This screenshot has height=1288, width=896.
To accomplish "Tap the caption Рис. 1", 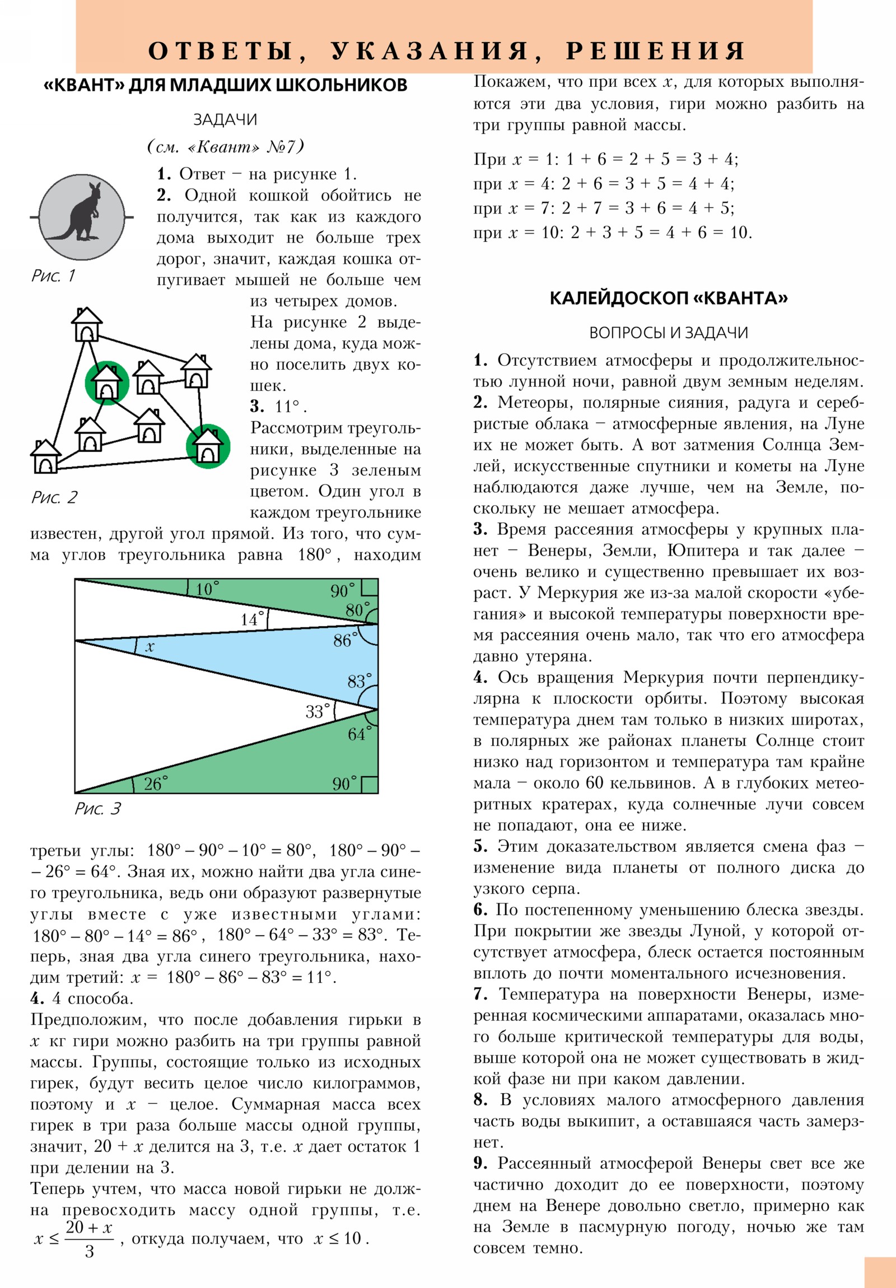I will click(53, 276).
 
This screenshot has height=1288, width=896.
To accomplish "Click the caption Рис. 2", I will click(54, 497).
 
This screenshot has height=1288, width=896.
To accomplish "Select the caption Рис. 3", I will click(97, 809).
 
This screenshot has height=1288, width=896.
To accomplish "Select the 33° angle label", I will click(316, 711).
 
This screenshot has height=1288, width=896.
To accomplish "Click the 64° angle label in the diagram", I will click(358, 734).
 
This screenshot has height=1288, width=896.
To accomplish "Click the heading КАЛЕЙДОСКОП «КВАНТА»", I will click(668, 298).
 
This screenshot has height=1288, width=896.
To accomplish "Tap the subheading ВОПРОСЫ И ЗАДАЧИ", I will click(668, 333).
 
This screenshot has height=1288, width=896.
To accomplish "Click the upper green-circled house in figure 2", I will click(106, 382).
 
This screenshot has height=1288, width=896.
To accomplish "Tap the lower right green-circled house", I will click(208, 446).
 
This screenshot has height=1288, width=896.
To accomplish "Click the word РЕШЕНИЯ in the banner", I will click(655, 51).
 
